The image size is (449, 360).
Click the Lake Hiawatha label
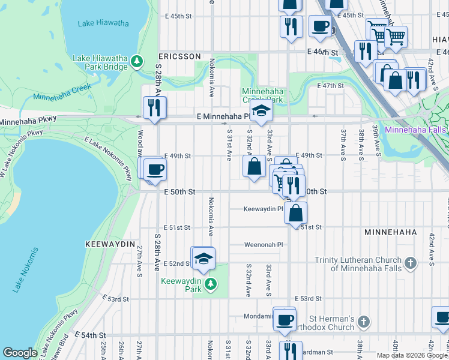tap(103, 23)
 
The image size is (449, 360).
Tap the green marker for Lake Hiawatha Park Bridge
tap(137, 61)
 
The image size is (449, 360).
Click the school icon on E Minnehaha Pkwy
tap(261, 111)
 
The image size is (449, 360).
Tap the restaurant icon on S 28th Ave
tap(154, 108)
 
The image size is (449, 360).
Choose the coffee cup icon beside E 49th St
tap(155, 170)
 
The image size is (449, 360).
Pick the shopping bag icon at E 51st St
tap(295, 212)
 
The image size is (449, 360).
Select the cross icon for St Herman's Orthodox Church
tap(363, 322)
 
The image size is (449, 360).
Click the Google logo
tap(20, 353)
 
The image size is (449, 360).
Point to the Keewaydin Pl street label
tap(263, 209)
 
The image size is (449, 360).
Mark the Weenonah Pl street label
tap(263, 245)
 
